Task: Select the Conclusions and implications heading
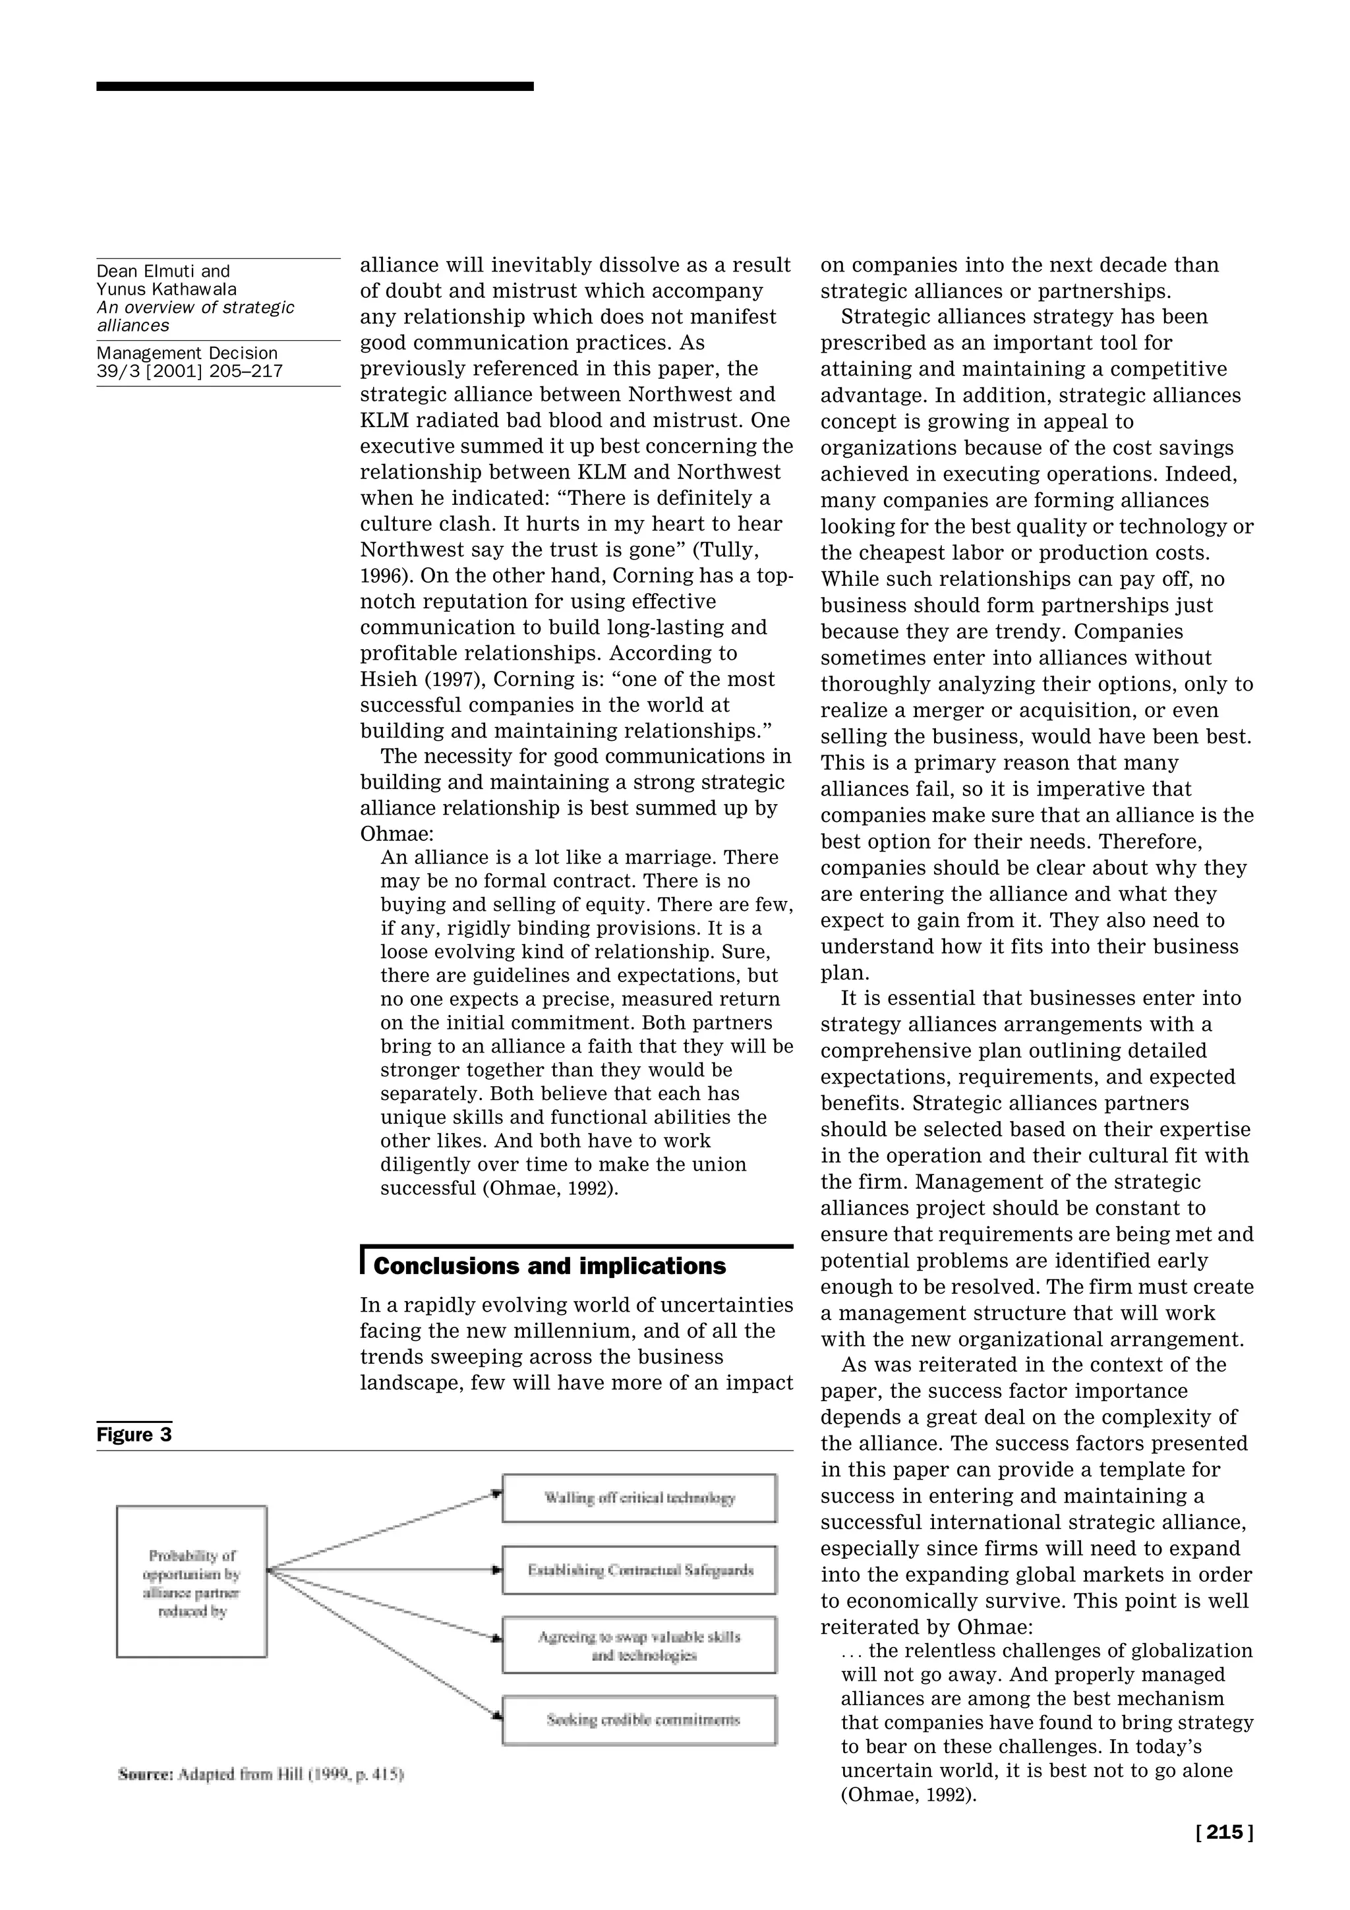549,1266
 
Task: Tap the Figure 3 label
134,1435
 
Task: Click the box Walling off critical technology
639,1498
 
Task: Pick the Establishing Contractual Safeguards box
639,1570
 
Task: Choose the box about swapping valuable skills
639,1646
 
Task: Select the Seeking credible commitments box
639,1720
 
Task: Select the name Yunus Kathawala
166,289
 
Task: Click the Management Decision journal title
187,353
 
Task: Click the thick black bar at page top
314,86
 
